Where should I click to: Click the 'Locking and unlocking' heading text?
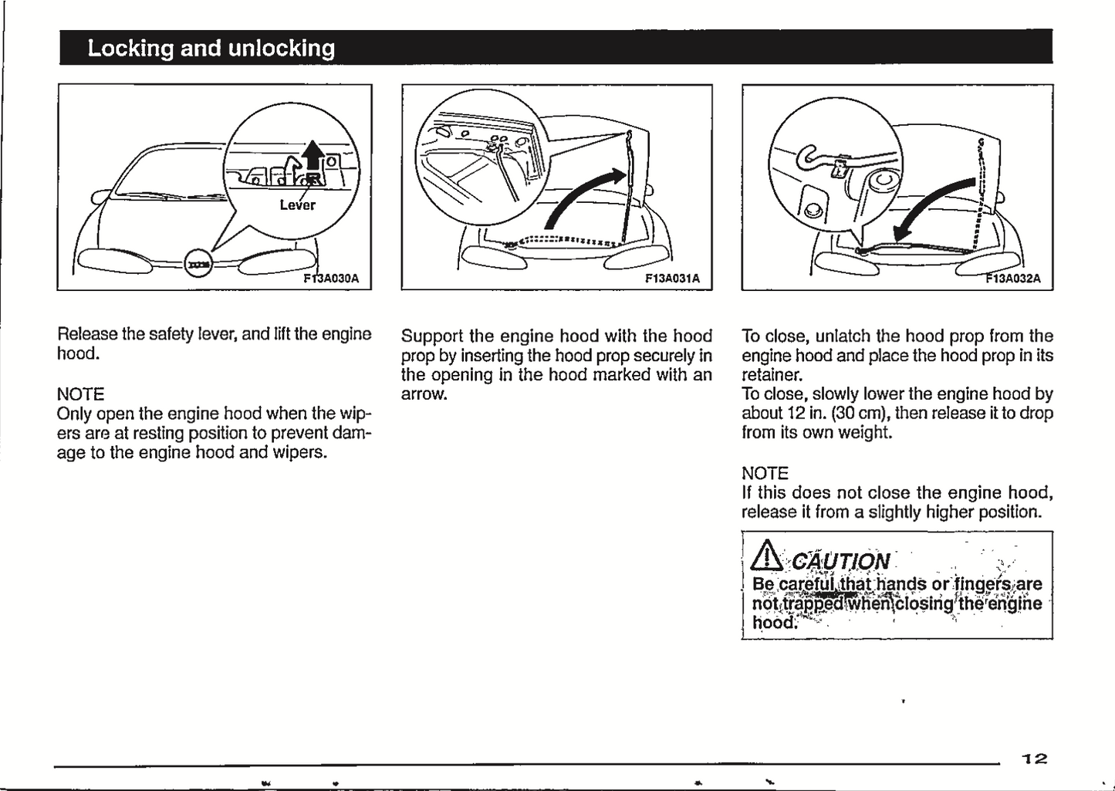[x=211, y=48]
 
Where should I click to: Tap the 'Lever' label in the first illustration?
[x=297, y=205]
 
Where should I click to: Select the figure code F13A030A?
[x=331, y=278]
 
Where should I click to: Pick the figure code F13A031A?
[x=672, y=279]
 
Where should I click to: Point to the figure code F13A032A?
[x=1013, y=279]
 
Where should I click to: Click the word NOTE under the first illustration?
[x=80, y=394]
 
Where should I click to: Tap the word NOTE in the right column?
[x=765, y=473]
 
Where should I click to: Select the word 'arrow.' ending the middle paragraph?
[x=424, y=394]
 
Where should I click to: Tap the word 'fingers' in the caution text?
[x=979, y=583]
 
